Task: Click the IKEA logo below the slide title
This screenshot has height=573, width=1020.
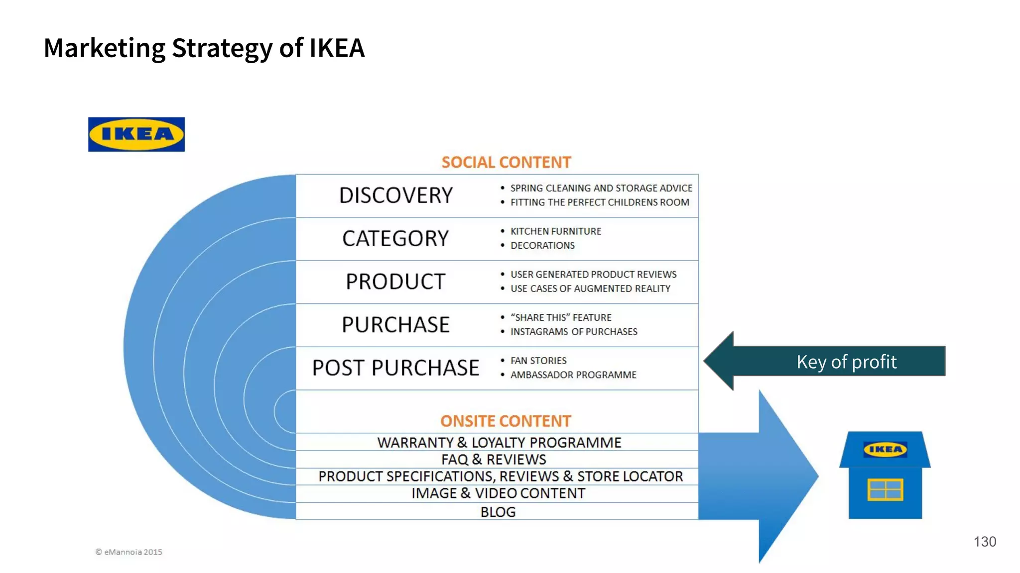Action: pyautogui.click(x=136, y=134)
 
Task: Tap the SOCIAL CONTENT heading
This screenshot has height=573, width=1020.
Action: pyautogui.click(x=506, y=163)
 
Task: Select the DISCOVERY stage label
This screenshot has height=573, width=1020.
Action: pyautogui.click(x=396, y=195)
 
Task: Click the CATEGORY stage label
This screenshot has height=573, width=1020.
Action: pyautogui.click(x=395, y=239)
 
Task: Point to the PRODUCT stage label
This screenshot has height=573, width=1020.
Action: pyautogui.click(x=395, y=282)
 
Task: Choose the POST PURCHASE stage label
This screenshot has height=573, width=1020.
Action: pyautogui.click(x=395, y=368)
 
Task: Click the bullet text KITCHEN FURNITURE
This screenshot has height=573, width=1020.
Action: pyautogui.click(x=556, y=231)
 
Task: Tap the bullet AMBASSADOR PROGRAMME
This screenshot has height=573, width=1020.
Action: pyautogui.click(x=573, y=375)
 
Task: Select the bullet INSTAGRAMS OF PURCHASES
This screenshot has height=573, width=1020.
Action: pyautogui.click(x=574, y=332)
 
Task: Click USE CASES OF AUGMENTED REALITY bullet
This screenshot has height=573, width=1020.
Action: pyautogui.click(x=590, y=289)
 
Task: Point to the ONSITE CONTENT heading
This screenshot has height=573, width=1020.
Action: pyautogui.click(x=506, y=421)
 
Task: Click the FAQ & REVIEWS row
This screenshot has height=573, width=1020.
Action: pyautogui.click(x=494, y=460)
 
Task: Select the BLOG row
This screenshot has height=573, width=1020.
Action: pyautogui.click(x=498, y=512)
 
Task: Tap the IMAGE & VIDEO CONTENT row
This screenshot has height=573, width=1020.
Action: pyautogui.click(x=498, y=493)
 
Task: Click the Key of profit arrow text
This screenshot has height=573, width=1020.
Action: pyautogui.click(x=846, y=362)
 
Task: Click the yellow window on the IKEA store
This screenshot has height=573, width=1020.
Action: pyautogui.click(x=885, y=489)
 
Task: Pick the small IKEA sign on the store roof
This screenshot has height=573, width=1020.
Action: pyautogui.click(x=885, y=450)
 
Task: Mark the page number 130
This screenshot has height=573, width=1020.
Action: pyautogui.click(x=985, y=542)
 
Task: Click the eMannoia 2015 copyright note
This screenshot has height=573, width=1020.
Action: pyautogui.click(x=129, y=552)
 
